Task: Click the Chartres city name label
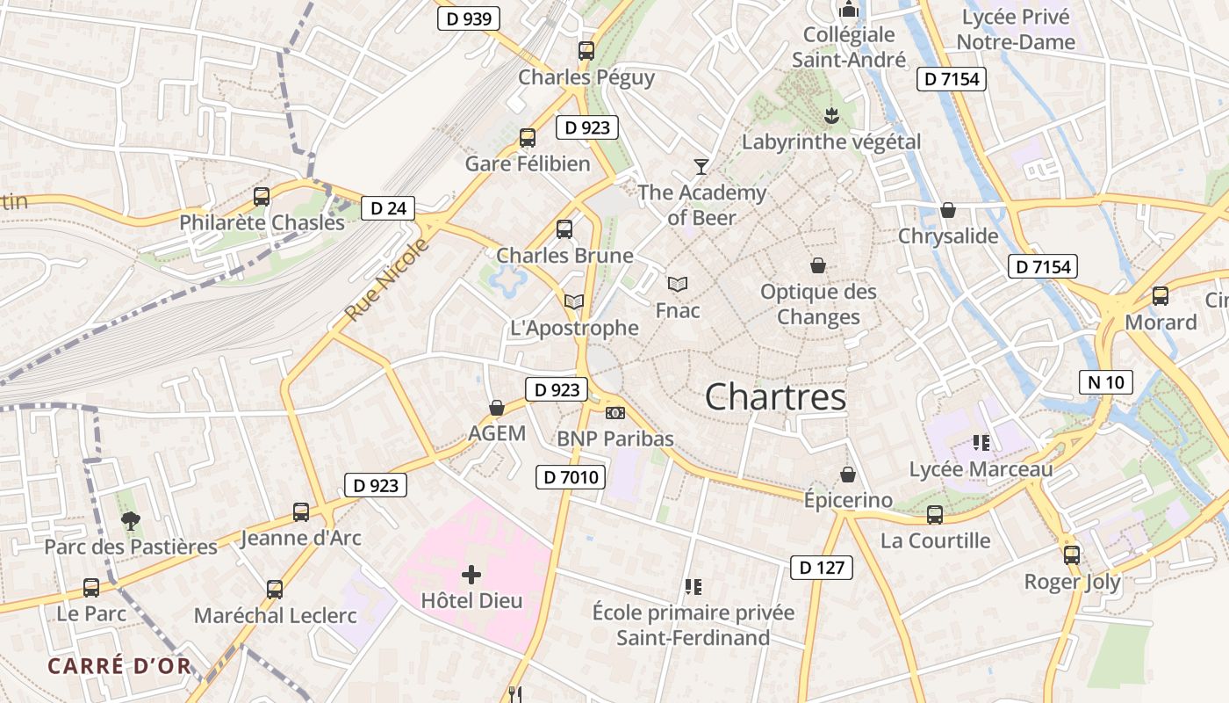point(775,397)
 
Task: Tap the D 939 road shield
point(469,18)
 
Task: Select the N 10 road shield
point(1106,382)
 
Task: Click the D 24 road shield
point(388,208)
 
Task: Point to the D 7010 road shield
point(571,477)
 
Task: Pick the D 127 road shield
point(822,568)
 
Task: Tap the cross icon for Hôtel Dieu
point(471,576)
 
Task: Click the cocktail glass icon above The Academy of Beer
point(701,166)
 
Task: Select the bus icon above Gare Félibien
point(527,138)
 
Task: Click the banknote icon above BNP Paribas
point(615,412)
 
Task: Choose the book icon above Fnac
point(677,285)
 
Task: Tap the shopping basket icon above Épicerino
point(848,475)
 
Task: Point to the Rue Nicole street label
point(387,279)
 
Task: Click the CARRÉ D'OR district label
point(119,666)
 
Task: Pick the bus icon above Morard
point(1161,296)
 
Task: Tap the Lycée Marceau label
point(981,469)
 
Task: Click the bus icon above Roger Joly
point(1071,555)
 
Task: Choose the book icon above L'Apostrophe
point(574,302)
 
